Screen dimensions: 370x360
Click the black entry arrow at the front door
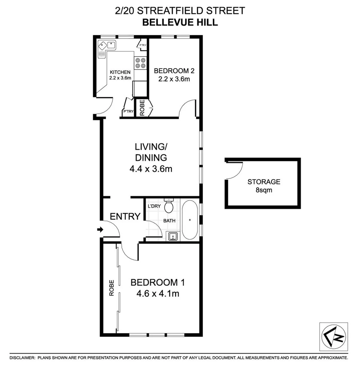pos(100,230)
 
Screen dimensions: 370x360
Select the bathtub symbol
pos(189,220)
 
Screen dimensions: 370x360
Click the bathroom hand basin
pos(173,236)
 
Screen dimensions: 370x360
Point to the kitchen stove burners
pos(140,62)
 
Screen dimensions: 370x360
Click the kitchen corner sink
pos(107,45)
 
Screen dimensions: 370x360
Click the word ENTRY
pos(125,216)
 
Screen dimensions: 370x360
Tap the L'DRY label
pos(154,207)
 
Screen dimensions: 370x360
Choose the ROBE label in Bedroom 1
pos(112,288)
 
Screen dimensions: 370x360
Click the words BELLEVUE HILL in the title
pos(180,23)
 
